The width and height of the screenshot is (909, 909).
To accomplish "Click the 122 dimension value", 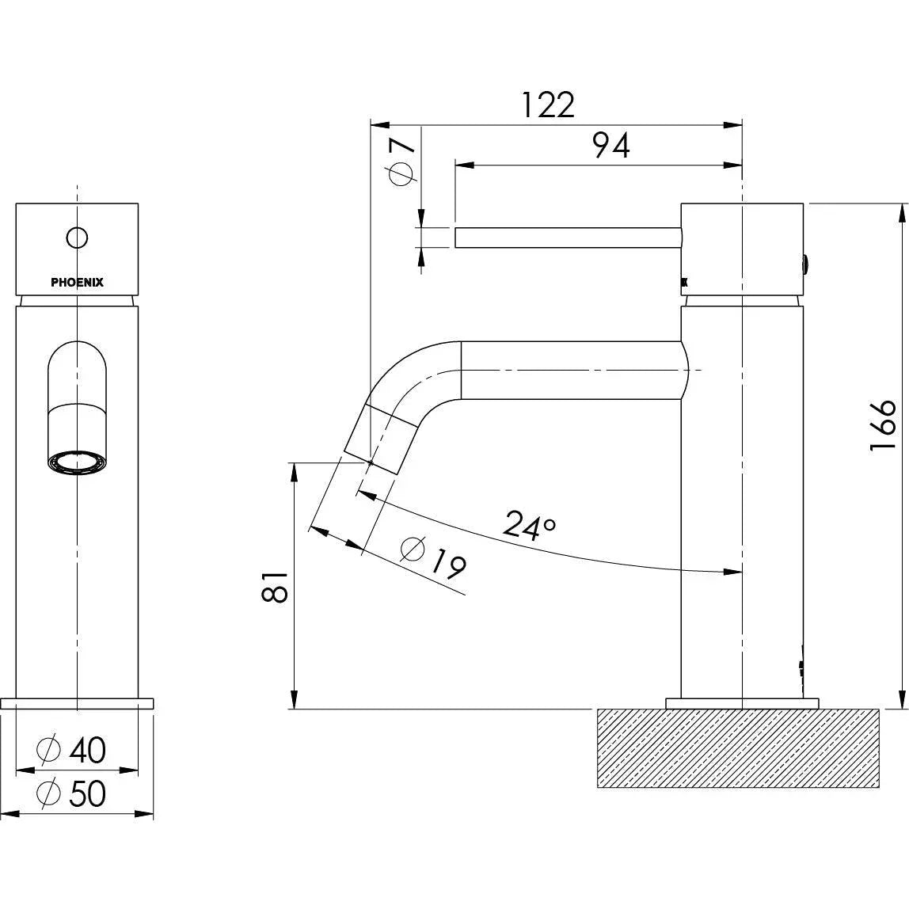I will [548, 105].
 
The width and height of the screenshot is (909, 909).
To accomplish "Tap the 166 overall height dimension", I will [882, 424].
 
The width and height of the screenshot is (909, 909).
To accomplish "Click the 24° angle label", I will [530, 525].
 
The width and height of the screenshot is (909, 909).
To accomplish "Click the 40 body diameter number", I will [87, 750].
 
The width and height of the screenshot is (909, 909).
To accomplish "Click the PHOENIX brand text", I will [77, 283].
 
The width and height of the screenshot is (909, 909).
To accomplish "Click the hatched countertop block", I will [737, 748].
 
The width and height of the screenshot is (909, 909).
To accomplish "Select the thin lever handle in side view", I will [567, 238].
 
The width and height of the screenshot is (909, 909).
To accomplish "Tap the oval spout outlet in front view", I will [78, 463].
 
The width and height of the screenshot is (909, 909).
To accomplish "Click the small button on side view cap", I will [807, 263].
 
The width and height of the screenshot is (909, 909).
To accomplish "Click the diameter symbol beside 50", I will [49, 793].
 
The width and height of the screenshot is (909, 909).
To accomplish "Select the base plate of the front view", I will [77, 702].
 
